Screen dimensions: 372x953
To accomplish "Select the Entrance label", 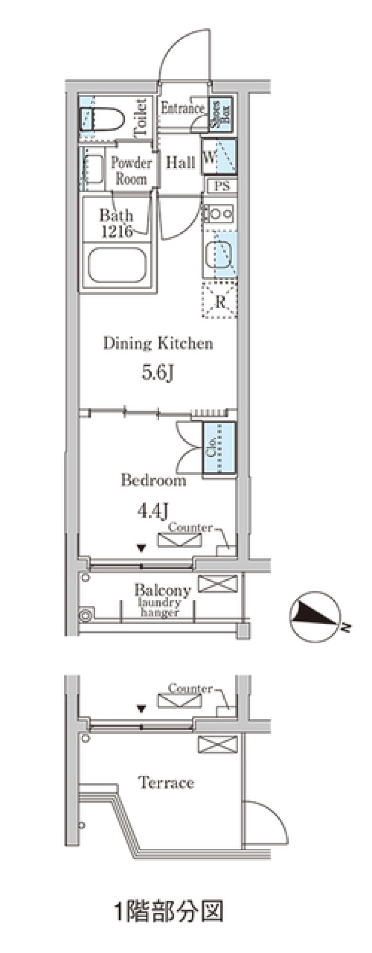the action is tap(183, 108).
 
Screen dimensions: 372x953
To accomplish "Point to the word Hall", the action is tap(180, 162).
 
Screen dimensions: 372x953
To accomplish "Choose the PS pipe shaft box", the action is tap(222, 186).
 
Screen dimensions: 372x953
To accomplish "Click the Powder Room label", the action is tap(131, 171).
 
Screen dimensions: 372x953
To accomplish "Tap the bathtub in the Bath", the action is tap(117, 265).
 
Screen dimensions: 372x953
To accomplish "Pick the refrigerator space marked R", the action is tap(219, 300).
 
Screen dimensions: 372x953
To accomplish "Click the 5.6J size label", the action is tap(157, 373).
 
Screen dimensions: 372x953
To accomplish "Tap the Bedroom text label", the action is tap(153, 480).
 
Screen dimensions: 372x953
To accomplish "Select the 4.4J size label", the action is tap(153, 511).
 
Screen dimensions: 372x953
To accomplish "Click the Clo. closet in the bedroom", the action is tap(220, 447).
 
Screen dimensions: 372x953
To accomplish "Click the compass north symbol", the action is tap(316, 616).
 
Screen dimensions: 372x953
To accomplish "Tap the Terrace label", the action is tap(166, 782).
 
